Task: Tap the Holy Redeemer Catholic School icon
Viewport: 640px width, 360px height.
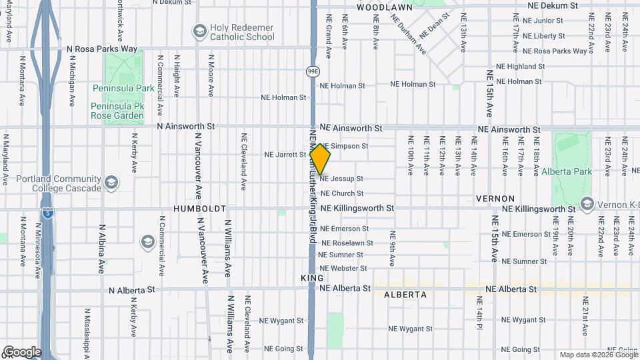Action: [x=199, y=31]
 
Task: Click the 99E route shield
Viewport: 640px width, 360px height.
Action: [x=313, y=70]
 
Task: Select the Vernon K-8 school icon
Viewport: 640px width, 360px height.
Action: [x=587, y=203]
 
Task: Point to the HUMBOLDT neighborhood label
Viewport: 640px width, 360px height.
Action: [x=200, y=209]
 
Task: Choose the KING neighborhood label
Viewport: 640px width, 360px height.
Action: [x=312, y=277]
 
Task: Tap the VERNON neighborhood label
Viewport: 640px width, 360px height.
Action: [x=495, y=199]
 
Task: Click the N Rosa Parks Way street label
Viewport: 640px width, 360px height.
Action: [x=102, y=49]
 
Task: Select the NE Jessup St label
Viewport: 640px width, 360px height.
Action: [x=341, y=179]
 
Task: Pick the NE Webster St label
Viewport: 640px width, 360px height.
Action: [x=343, y=268]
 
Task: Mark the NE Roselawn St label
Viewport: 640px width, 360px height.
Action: [x=347, y=243]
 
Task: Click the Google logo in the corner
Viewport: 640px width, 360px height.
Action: [x=21, y=352]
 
